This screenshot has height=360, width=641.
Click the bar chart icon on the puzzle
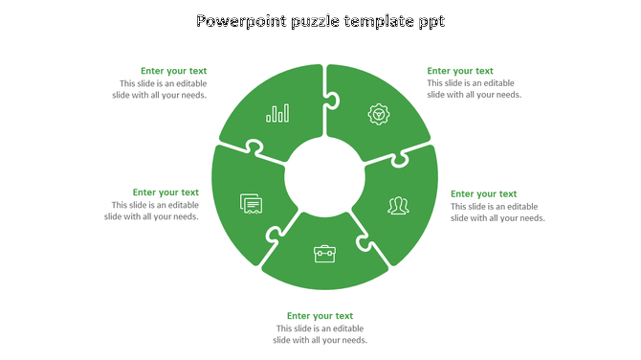coord(278,114)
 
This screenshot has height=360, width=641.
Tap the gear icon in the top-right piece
coord(379,115)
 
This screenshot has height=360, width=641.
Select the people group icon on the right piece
coord(398,205)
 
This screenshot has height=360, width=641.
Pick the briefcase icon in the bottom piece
coord(324,254)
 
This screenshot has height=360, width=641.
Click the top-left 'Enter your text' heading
coord(173,71)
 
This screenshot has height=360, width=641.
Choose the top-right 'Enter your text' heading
coord(460,71)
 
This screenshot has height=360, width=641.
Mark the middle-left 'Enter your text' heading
coord(166,192)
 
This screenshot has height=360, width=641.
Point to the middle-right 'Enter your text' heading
coord(483,193)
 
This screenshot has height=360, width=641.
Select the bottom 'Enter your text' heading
coord(320,316)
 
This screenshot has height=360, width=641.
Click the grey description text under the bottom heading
coord(320,334)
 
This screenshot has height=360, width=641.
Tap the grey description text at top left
coord(158,89)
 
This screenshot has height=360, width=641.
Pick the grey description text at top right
coord(475,89)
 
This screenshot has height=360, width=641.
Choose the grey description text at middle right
coord(497,212)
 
